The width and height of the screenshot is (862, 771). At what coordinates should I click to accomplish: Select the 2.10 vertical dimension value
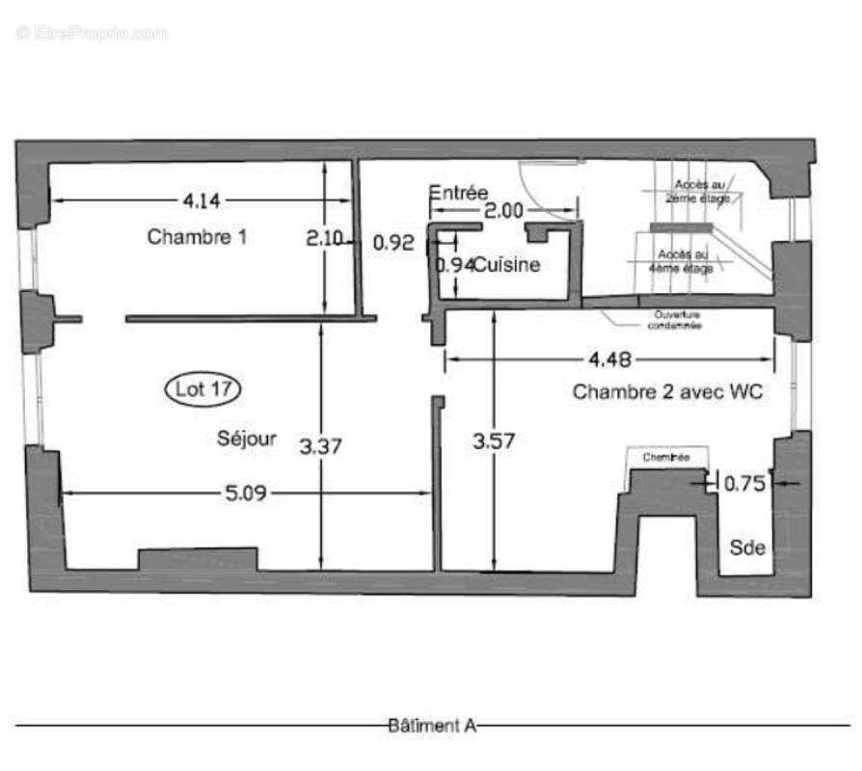(x=324, y=238)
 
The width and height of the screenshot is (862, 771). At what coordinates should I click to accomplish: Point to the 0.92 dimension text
(x=392, y=243)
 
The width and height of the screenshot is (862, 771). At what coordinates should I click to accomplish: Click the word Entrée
(x=459, y=193)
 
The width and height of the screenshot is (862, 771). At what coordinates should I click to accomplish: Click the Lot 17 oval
(x=202, y=389)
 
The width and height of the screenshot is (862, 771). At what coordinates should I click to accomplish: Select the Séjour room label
(x=247, y=439)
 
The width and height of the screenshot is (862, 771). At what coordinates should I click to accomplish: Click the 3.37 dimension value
(x=321, y=447)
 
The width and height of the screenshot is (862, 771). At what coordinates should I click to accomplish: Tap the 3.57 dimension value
(x=494, y=442)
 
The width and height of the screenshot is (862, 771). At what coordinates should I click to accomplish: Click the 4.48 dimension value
(x=609, y=359)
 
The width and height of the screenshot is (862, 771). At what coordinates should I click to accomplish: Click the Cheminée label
(x=666, y=458)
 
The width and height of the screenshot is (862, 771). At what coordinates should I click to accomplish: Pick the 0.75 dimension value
(x=743, y=484)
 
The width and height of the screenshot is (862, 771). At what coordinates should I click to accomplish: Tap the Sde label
(x=747, y=547)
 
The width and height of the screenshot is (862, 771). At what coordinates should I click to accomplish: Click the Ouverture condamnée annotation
(x=676, y=320)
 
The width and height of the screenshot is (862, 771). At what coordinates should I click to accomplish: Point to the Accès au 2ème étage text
(x=701, y=190)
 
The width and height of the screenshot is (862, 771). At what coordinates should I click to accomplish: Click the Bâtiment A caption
(x=432, y=725)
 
